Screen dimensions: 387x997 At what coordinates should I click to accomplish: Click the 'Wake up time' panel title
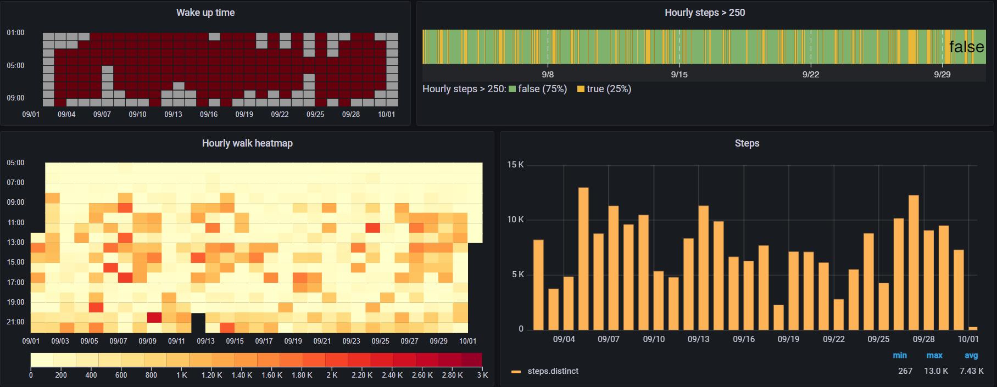[205, 13]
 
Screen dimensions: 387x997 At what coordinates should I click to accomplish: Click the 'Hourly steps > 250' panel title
[704, 13]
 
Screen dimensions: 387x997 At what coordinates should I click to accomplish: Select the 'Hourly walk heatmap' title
[247, 143]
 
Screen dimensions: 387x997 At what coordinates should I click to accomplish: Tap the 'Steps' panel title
[747, 143]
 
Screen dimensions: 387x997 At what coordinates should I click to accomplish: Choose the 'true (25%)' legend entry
[604, 89]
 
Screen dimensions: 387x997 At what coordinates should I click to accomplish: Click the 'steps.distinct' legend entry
[552, 371]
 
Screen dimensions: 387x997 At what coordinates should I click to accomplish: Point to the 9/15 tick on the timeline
[679, 75]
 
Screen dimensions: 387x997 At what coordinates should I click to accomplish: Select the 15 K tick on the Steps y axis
[515, 165]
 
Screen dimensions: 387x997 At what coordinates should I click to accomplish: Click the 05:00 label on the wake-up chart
[15, 65]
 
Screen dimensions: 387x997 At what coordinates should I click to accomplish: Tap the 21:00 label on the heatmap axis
[15, 322]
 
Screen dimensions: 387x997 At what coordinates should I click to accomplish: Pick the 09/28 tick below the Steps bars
[923, 339]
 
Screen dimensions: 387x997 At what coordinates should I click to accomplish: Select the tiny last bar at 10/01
[973, 328]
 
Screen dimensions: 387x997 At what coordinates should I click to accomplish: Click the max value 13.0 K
[935, 371]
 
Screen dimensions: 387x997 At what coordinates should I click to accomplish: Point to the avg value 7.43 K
[971, 371]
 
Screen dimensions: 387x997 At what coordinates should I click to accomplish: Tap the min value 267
[905, 371]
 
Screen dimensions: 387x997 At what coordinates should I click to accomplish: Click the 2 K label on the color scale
[331, 375]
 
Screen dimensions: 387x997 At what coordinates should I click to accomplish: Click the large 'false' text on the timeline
[966, 47]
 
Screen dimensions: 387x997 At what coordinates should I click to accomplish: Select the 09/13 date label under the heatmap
[205, 341]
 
